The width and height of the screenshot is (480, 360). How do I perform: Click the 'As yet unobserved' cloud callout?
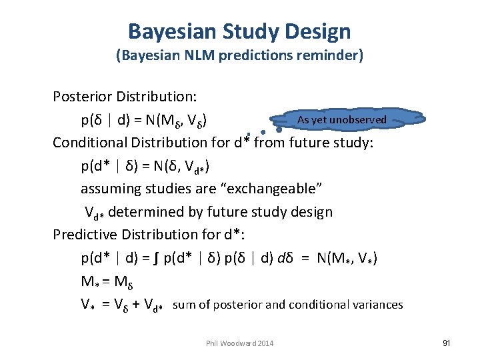tap(341, 119)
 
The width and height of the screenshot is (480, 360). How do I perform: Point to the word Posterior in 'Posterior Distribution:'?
tap(82, 97)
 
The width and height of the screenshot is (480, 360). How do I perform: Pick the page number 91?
tap(446, 343)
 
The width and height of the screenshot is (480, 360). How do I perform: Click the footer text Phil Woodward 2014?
tap(240, 343)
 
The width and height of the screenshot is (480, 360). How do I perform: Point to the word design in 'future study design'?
tap(309, 212)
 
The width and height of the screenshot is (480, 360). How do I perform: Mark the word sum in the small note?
tap(184, 305)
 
